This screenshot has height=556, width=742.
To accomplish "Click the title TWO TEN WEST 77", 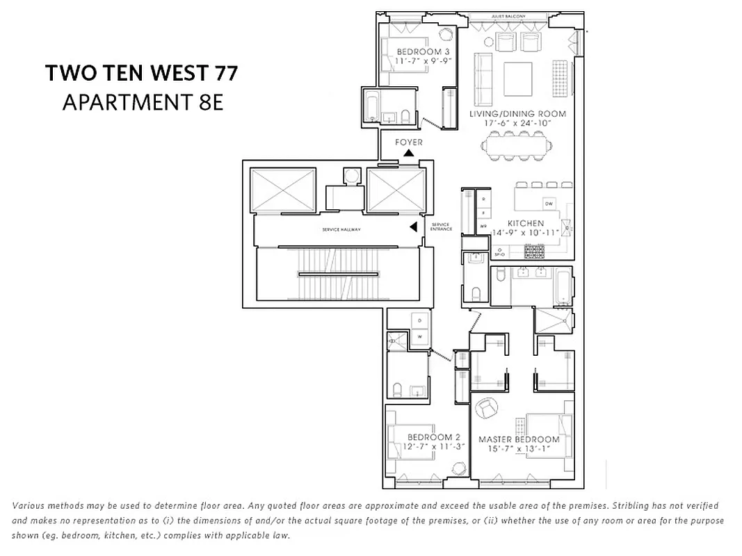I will click(141, 73).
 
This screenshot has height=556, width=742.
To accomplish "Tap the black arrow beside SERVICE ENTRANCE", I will click(413, 227).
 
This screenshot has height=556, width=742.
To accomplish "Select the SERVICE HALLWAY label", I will click(341, 229).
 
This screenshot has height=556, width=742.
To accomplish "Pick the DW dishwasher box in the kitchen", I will click(549, 204).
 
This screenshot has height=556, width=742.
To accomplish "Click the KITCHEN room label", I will click(526, 223).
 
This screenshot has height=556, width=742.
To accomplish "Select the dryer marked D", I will click(419, 320).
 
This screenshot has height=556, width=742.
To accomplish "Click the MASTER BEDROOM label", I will click(519, 439).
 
